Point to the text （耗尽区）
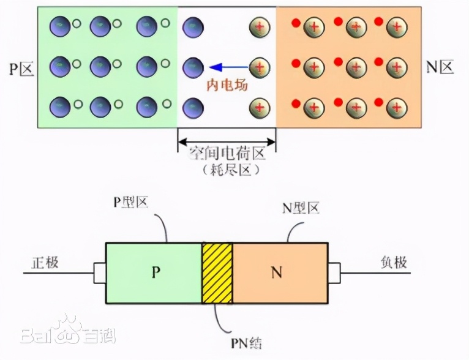(227, 171)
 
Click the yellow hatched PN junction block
(217, 272)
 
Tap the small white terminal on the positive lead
(99, 273)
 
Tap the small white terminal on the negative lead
(334, 273)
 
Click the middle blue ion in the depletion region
(193, 65)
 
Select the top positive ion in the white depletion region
(259, 27)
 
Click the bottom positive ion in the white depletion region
(259, 107)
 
